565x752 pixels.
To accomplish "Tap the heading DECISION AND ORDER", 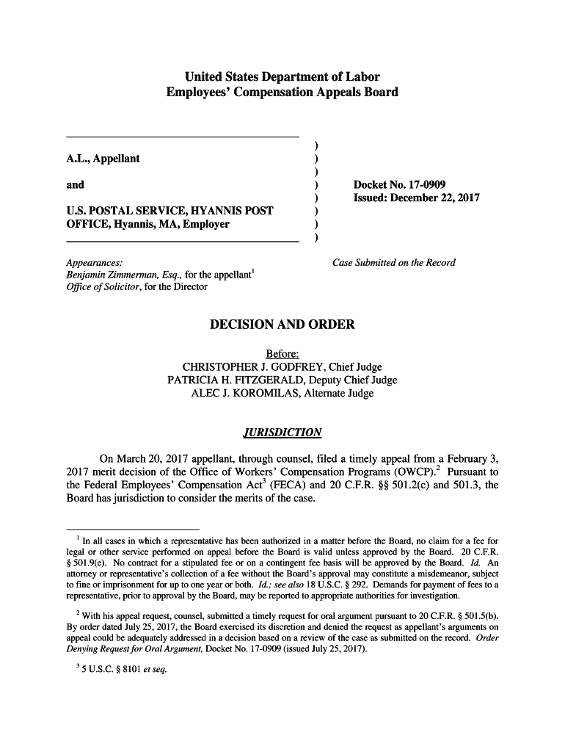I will point(282,325).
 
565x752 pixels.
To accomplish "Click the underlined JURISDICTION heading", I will point(282,432).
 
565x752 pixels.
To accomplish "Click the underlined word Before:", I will point(282,354).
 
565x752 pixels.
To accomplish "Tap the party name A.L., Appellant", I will point(103,159).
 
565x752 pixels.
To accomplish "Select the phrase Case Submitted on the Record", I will point(394,262).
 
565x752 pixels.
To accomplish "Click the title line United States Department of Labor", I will point(282,76).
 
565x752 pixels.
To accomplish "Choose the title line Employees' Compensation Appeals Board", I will point(282,92).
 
